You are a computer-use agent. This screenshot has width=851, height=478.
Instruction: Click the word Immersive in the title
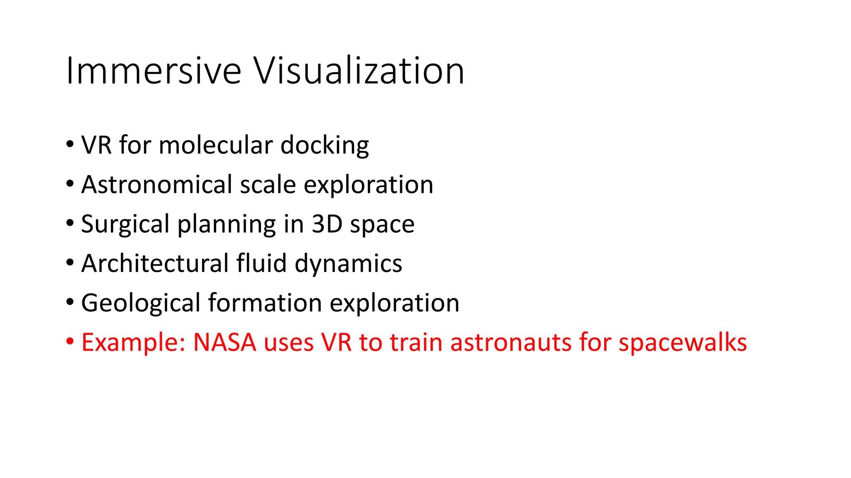tap(153, 71)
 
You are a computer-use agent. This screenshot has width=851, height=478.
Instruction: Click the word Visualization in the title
tap(359, 71)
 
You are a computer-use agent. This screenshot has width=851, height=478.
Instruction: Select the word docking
tap(325, 146)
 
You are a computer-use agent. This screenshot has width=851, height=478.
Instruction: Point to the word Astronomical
tap(157, 185)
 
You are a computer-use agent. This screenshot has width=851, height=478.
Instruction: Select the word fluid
tap(261, 263)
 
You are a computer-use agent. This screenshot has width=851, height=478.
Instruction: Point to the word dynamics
tap(348, 264)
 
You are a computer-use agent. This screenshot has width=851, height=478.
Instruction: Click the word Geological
tap(141, 303)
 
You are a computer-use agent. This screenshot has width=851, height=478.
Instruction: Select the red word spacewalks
tap(683, 343)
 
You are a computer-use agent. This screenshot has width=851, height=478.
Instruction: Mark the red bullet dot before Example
tap(70, 341)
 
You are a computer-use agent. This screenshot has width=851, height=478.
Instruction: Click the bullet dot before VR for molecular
tap(70, 144)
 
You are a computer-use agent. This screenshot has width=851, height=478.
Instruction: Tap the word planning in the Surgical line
tap(227, 224)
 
